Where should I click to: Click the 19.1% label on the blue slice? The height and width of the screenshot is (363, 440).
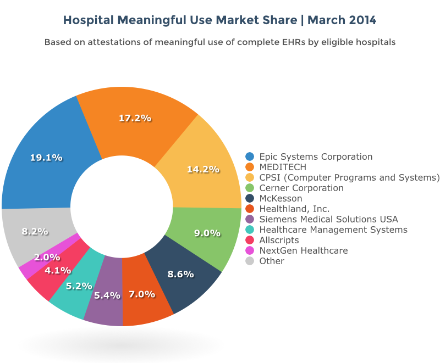(46, 158)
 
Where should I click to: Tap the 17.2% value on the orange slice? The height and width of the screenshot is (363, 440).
(135, 118)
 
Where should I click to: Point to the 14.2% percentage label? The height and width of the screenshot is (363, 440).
(204, 169)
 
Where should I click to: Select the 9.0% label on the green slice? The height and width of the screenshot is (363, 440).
(207, 233)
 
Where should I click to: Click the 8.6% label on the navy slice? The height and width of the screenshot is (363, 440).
(180, 273)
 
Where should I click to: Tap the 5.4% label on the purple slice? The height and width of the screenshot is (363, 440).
(107, 295)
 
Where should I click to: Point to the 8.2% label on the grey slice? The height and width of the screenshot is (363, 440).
(35, 232)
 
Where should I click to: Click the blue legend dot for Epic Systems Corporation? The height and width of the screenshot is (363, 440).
(250, 157)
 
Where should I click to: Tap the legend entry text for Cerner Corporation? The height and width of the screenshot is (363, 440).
(301, 188)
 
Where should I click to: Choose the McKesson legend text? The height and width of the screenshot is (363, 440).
(280, 198)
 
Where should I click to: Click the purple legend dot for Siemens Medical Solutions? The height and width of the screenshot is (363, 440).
(250, 219)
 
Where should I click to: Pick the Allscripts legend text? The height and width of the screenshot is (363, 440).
(279, 240)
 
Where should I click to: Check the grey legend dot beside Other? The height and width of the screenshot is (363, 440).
(250, 261)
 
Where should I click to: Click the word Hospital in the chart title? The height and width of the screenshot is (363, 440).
(88, 20)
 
